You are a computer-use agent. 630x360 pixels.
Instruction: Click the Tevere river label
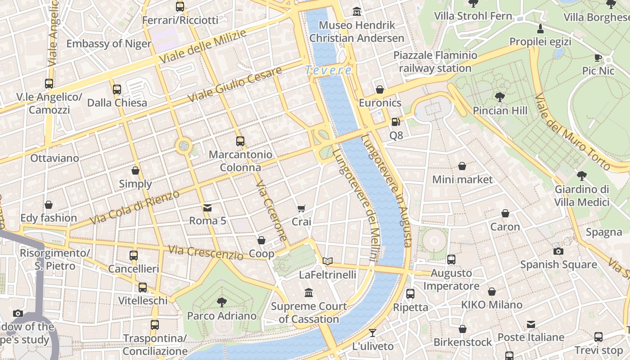(328, 70)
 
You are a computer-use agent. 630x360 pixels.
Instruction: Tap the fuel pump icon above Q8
(396, 121)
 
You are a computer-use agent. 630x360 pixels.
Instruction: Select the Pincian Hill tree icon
(499, 97)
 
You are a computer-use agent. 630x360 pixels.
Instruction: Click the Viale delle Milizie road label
(203, 47)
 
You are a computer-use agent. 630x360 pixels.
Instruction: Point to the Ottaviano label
(54, 158)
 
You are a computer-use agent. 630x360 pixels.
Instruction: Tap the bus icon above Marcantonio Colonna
(240, 141)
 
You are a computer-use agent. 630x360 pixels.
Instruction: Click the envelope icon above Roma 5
(207, 207)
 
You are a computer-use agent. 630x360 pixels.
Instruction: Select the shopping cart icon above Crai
(301, 208)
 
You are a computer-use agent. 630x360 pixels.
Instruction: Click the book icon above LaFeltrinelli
(328, 261)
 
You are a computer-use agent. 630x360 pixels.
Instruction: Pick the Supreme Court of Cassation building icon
(309, 293)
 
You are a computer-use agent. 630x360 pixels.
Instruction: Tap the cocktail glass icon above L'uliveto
(373, 333)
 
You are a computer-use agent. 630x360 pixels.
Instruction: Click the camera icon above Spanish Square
(558, 251)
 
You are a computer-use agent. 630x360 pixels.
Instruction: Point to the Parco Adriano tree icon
(221, 302)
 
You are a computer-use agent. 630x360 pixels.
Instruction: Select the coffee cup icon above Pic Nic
(598, 58)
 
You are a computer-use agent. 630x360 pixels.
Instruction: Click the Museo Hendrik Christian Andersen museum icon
(357, 11)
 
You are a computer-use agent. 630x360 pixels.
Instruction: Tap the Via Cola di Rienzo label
(135, 207)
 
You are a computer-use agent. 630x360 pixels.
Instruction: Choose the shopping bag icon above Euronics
(380, 90)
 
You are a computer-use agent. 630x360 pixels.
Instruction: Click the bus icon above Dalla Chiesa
(117, 89)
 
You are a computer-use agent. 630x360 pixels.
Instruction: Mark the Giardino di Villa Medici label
(581, 196)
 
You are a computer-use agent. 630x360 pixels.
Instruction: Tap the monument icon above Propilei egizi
(540, 29)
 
